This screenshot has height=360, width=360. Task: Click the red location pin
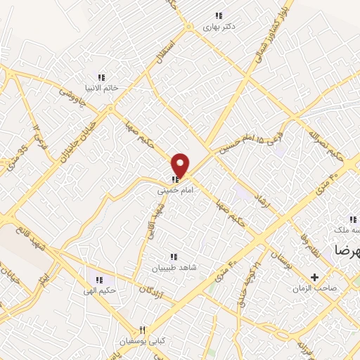(181, 165)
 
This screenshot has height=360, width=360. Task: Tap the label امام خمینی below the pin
(172, 190)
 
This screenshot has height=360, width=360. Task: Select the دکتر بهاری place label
(219, 27)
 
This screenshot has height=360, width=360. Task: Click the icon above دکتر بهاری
(219, 15)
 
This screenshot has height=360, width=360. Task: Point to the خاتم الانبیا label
(101, 89)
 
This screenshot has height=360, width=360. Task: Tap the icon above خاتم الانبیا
(101, 77)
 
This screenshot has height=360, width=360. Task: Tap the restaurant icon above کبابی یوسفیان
(142, 329)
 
